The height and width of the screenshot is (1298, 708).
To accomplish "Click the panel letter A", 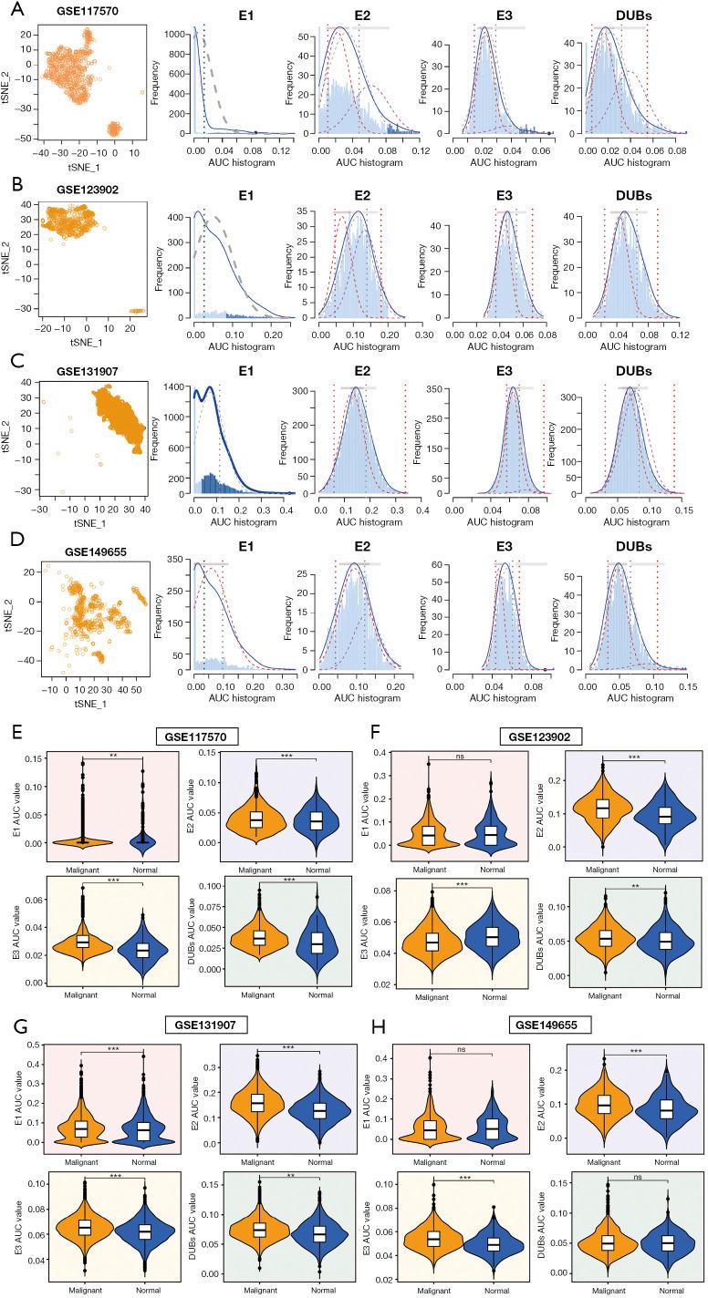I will pos(9,10).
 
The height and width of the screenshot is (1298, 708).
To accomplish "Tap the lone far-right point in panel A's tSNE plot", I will pos(142,92).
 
